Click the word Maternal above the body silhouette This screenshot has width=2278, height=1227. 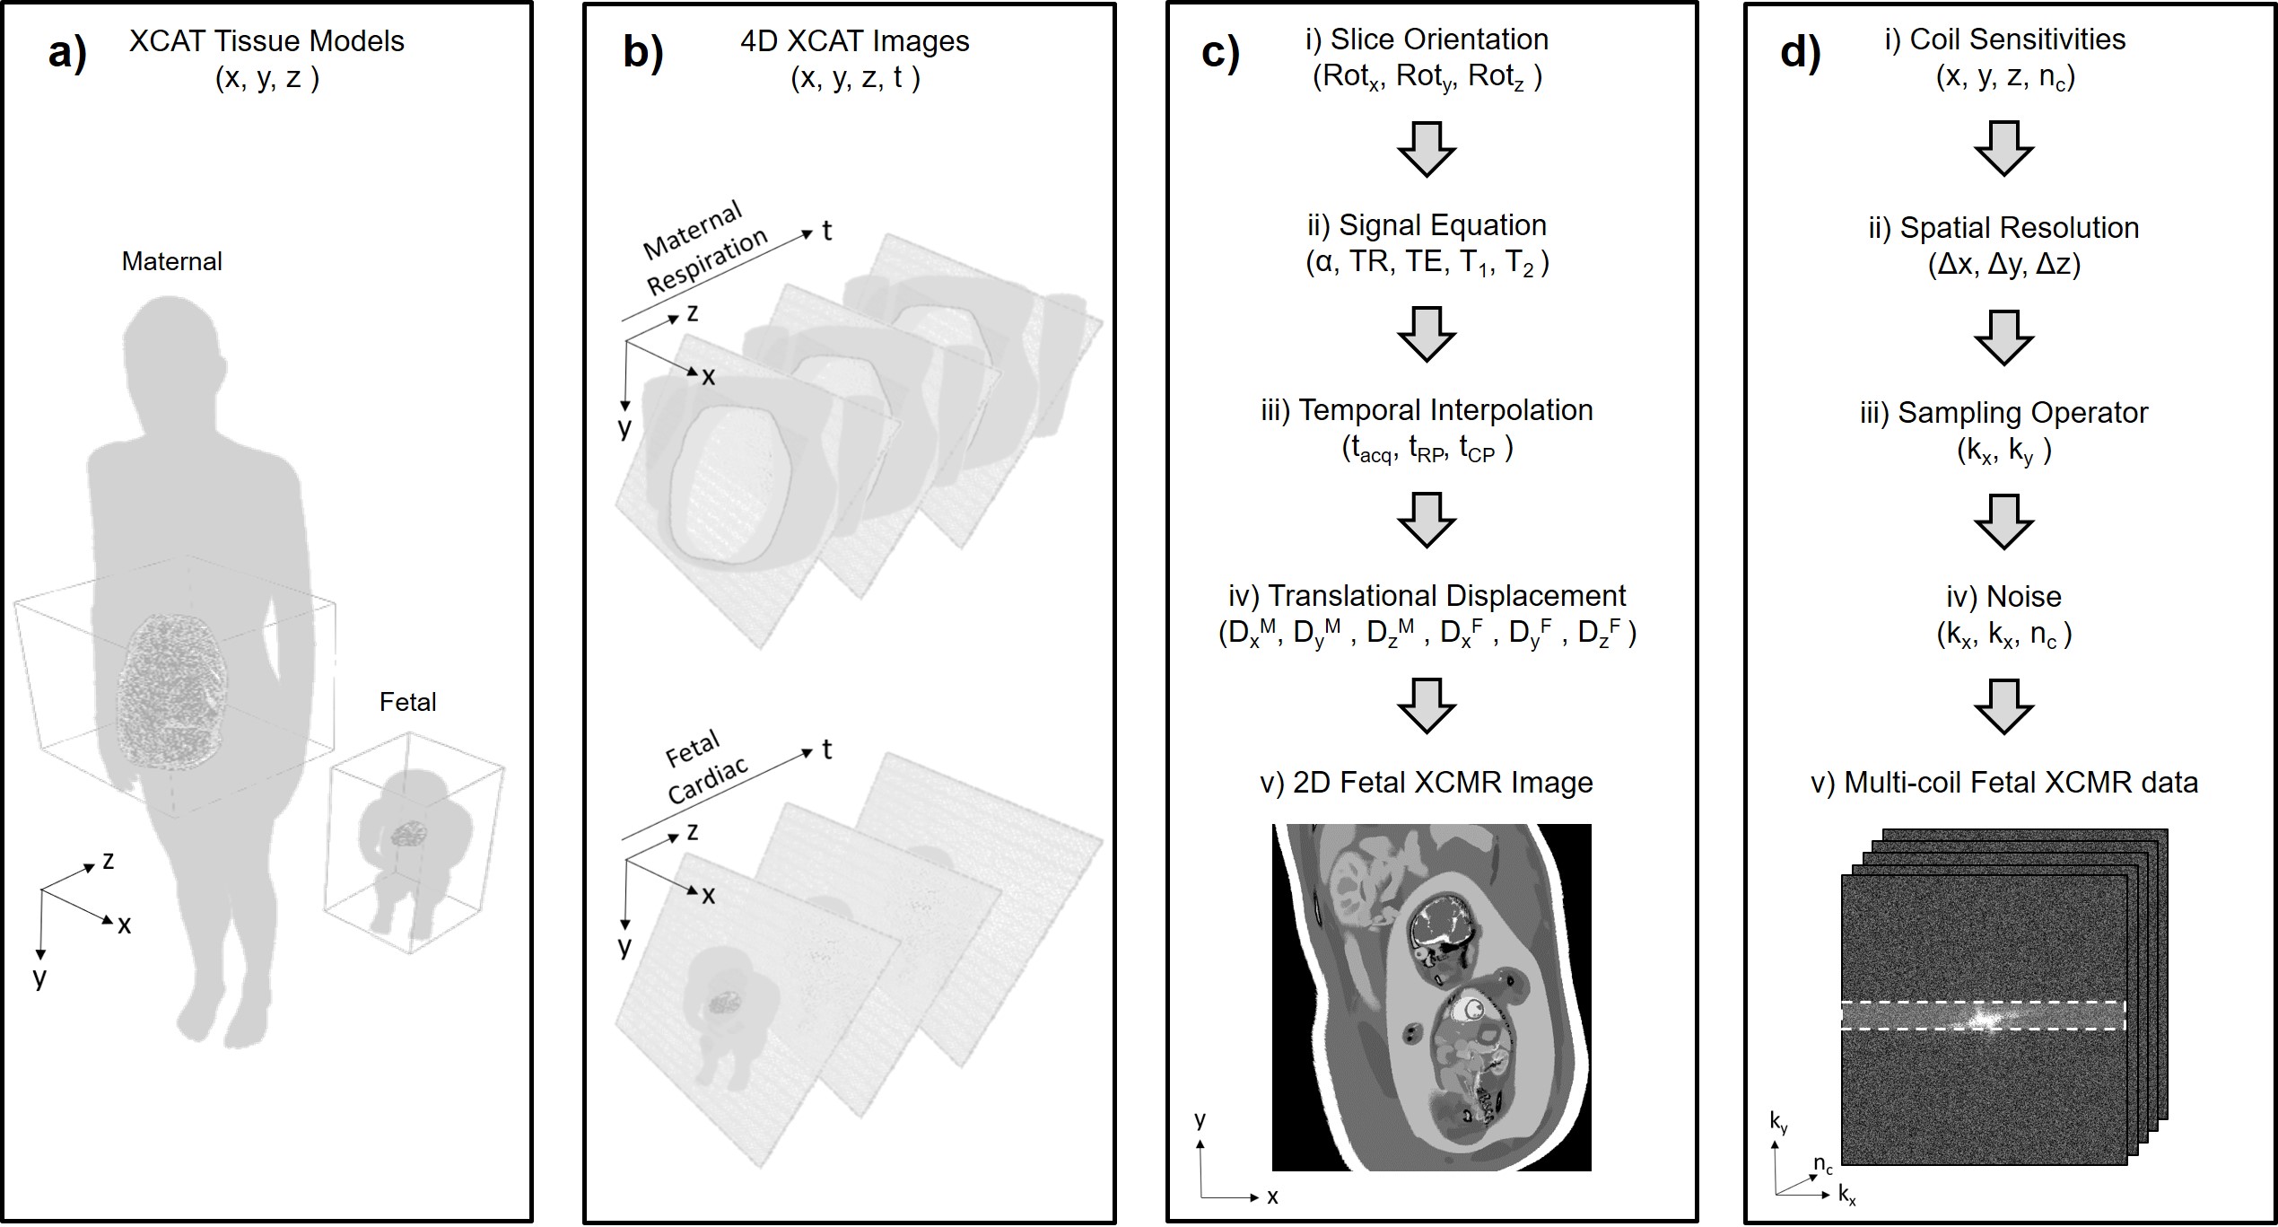click(171, 261)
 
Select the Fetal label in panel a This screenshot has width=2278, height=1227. click(407, 701)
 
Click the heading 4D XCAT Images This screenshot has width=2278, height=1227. click(854, 41)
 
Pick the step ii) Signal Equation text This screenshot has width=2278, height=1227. click(1427, 225)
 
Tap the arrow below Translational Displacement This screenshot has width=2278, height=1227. click(1427, 705)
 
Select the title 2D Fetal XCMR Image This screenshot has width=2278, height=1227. click(1427, 783)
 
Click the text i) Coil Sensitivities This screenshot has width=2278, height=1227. click(2004, 39)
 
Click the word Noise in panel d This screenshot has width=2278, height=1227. click(2024, 597)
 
